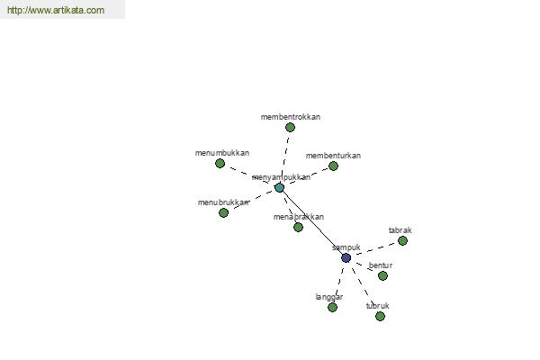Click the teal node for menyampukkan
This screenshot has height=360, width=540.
pos(279,188)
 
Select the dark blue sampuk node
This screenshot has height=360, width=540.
pos(346,257)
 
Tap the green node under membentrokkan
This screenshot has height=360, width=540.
pos(290,128)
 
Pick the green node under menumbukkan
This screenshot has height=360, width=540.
pos(220,163)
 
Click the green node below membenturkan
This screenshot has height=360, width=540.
pos(333,166)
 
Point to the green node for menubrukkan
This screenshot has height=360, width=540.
pos(223,213)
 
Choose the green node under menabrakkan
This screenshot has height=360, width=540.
pos(298,227)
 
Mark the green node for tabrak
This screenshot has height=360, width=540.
pos(402,240)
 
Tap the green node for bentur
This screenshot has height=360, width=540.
pos(382,275)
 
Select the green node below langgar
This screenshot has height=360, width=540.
pos(332,307)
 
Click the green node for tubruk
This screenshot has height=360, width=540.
pos(380,316)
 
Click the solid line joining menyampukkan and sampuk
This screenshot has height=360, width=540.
pos(312,223)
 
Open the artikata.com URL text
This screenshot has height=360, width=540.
pos(56,10)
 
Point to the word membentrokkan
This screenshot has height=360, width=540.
pos(291,117)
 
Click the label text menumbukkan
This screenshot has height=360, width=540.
pos(222,153)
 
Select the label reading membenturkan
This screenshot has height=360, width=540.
pos(333,156)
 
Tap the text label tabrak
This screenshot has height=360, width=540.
pos(400,230)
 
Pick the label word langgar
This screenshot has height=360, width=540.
pos(329,297)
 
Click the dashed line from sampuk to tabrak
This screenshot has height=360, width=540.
pos(375,248)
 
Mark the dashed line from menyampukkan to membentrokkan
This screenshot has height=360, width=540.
pos(285,156)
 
